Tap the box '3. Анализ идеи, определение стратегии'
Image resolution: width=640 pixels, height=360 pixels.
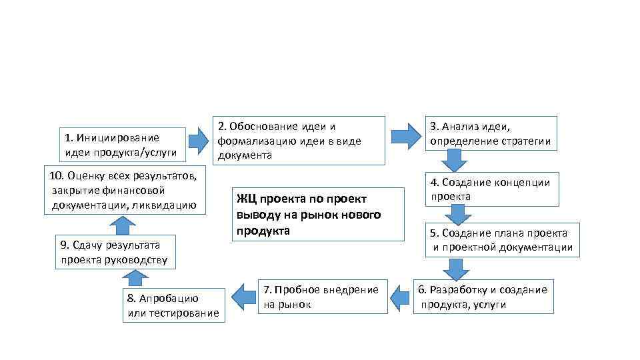point(492,133)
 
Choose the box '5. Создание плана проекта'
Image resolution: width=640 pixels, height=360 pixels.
point(500,240)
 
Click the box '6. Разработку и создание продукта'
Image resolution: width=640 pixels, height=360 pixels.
point(483,297)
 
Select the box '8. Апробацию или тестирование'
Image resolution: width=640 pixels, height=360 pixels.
point(173,305)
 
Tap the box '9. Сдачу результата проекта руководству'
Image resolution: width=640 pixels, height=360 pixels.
point(115,252)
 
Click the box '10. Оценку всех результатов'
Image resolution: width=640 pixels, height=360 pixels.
point(125,190)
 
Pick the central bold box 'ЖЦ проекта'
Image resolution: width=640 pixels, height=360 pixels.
point(319,214)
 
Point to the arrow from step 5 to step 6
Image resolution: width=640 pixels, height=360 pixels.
point(457,269)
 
